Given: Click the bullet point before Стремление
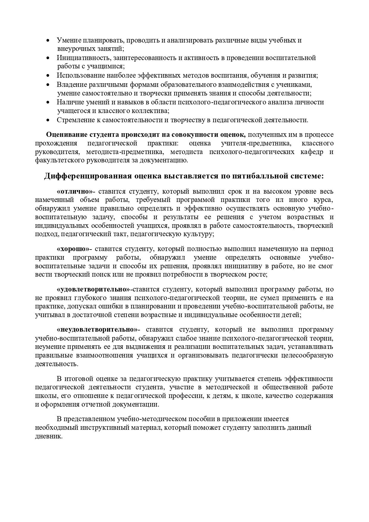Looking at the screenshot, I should (48, 120).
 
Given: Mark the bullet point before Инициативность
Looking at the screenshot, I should (48, 58).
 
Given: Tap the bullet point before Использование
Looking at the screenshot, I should (48, 76).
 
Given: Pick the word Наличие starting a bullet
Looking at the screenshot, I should (68, 102).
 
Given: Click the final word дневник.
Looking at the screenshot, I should (49, 436).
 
